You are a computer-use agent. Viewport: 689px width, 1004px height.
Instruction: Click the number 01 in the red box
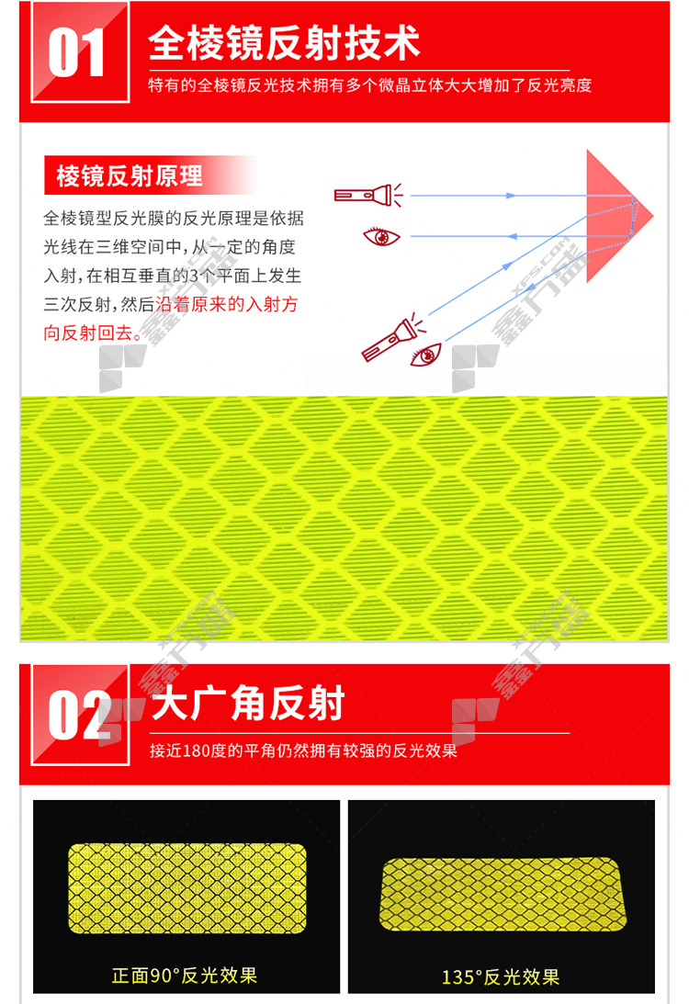click(x=76, y=53)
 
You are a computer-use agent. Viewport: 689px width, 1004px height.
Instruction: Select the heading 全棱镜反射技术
click(x=284, y=43)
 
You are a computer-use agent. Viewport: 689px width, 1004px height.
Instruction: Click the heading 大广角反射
click(x=248, y=703)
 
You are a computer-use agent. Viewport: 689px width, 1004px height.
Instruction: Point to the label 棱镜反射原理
click(x=130, y=175)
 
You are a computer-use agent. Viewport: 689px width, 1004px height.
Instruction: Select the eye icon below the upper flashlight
click(x=381, y=236)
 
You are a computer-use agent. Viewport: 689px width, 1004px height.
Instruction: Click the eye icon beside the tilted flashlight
click(x=426, y=354)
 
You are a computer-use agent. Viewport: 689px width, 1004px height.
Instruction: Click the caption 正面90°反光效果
click(x=185, y=976)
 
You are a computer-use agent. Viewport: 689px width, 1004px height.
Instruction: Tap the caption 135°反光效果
click(x=500, y=977)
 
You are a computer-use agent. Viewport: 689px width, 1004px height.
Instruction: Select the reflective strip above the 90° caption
click(x=187, y=888)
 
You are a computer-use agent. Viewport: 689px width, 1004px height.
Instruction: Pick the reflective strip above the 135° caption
click(x=503, y=895)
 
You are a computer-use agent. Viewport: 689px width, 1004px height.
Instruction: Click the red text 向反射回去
click(x=87, y=333)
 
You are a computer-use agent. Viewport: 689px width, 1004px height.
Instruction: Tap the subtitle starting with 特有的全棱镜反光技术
click(x=369, y=85)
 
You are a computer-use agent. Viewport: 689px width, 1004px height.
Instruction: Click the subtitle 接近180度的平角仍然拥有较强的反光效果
click(x=303, y=750)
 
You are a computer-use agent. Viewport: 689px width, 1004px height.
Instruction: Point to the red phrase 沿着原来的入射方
click(x=227, y=304)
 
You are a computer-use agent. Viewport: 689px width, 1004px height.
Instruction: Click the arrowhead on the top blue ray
click(x=511, y=196)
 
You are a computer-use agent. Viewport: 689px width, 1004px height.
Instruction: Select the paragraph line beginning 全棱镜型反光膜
click(x=174, y=219)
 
